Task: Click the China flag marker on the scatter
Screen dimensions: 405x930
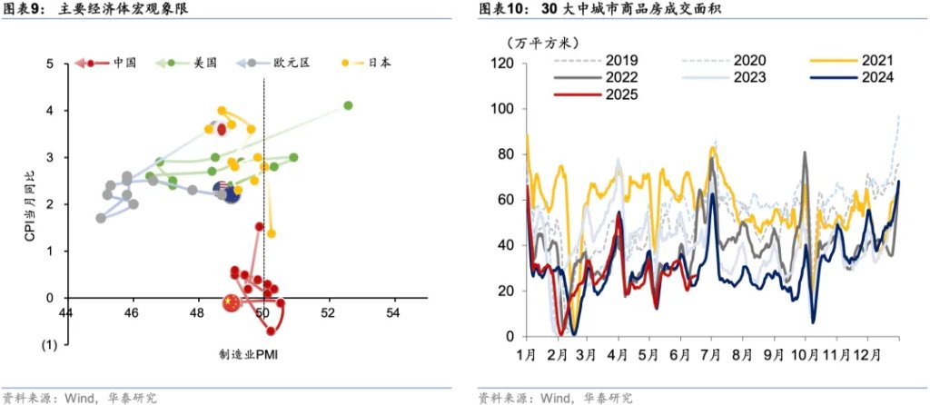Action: pos(232,301)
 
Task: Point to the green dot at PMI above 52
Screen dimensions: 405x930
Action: pos(348,105)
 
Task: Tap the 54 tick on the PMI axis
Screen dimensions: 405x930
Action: pos(393,314)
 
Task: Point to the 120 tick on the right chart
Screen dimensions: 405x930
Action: pos(503,64)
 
